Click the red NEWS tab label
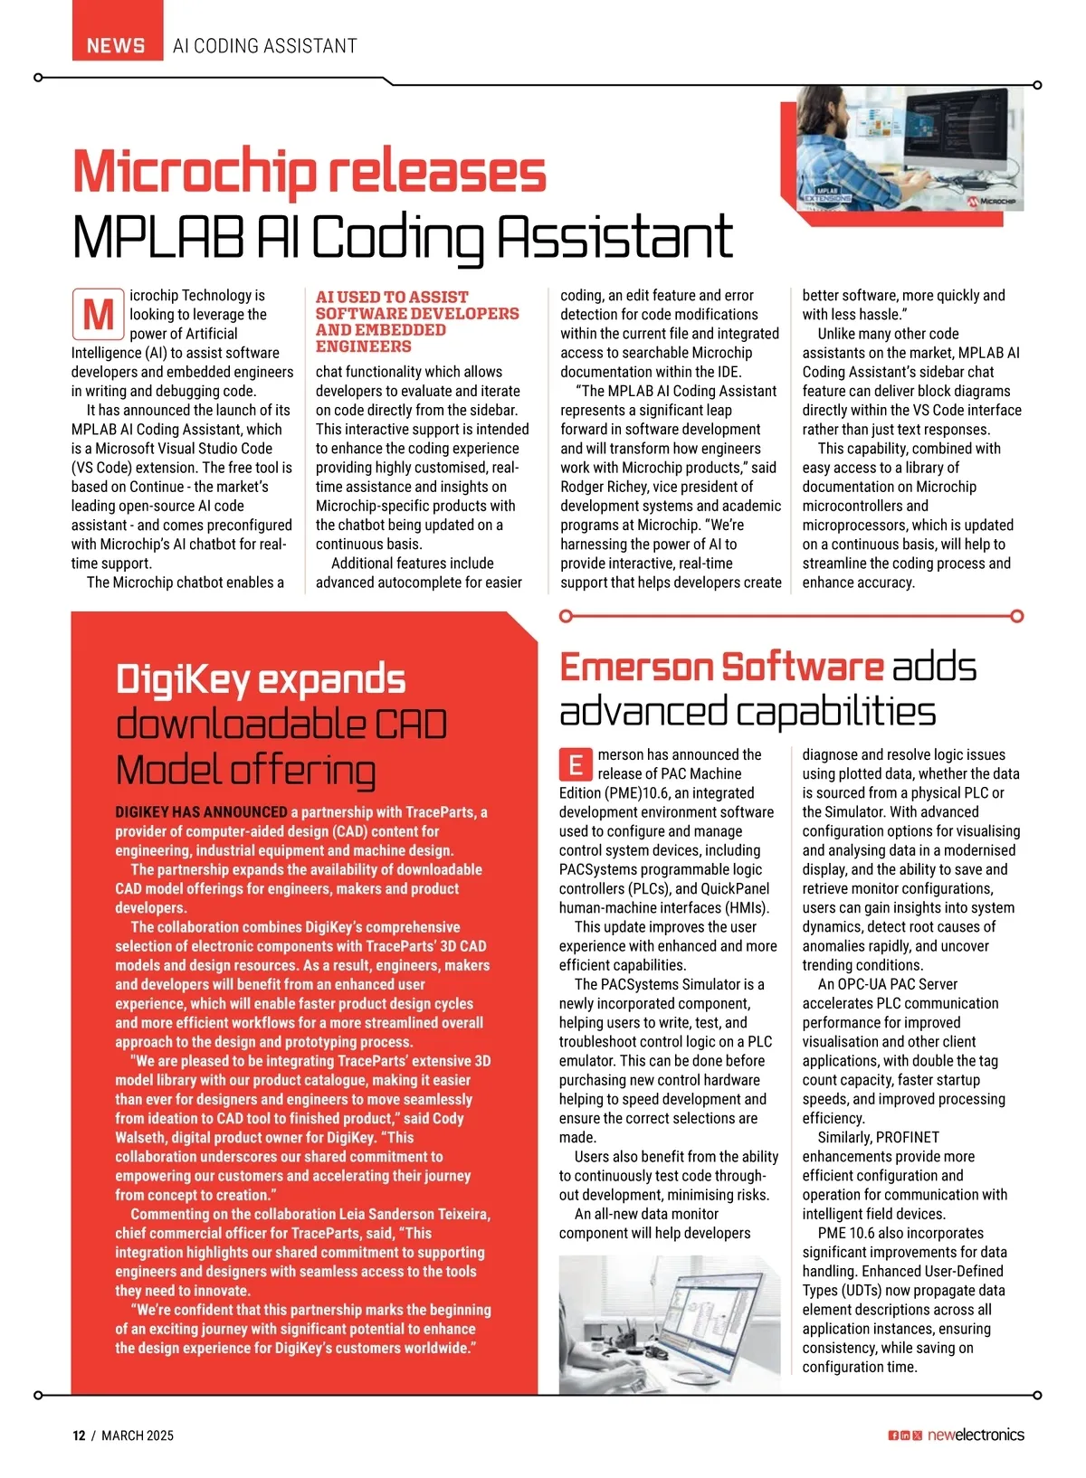point(116,45)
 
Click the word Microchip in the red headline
point(195,172)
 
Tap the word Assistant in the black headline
point(615,237)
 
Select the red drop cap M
point(98,315)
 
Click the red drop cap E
point(576,765)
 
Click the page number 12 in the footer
point(79,1435)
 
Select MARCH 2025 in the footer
point(137,1435)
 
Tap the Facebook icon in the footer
point(893,1435)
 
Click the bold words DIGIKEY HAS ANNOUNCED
point(201,812)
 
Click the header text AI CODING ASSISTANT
point(264,45)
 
